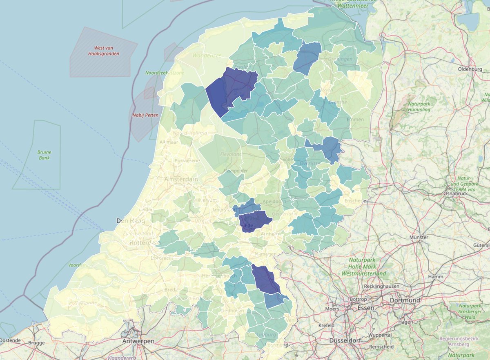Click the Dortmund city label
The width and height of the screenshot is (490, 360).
click(x=405, y=300)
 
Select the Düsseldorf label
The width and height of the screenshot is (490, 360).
click(x=346, y=340)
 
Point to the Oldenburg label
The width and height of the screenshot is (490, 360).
click(x=470, y=69)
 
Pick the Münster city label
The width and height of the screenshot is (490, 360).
click(x=419, y=237)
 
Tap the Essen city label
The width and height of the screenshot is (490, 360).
click(x=366, y=308)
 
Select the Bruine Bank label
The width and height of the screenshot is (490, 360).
click(x=44, y=155)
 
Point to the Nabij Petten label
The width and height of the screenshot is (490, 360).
click(x=145, y=115)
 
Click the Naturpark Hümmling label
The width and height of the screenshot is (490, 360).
click(x=419, y=107)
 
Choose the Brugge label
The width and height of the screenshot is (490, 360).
click(x=36, y=343)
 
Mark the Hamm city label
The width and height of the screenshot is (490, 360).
click(x=436, y=277)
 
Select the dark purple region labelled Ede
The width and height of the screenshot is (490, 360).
click(x=254, y=220)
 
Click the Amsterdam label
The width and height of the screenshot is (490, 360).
click(x=181, y=180)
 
